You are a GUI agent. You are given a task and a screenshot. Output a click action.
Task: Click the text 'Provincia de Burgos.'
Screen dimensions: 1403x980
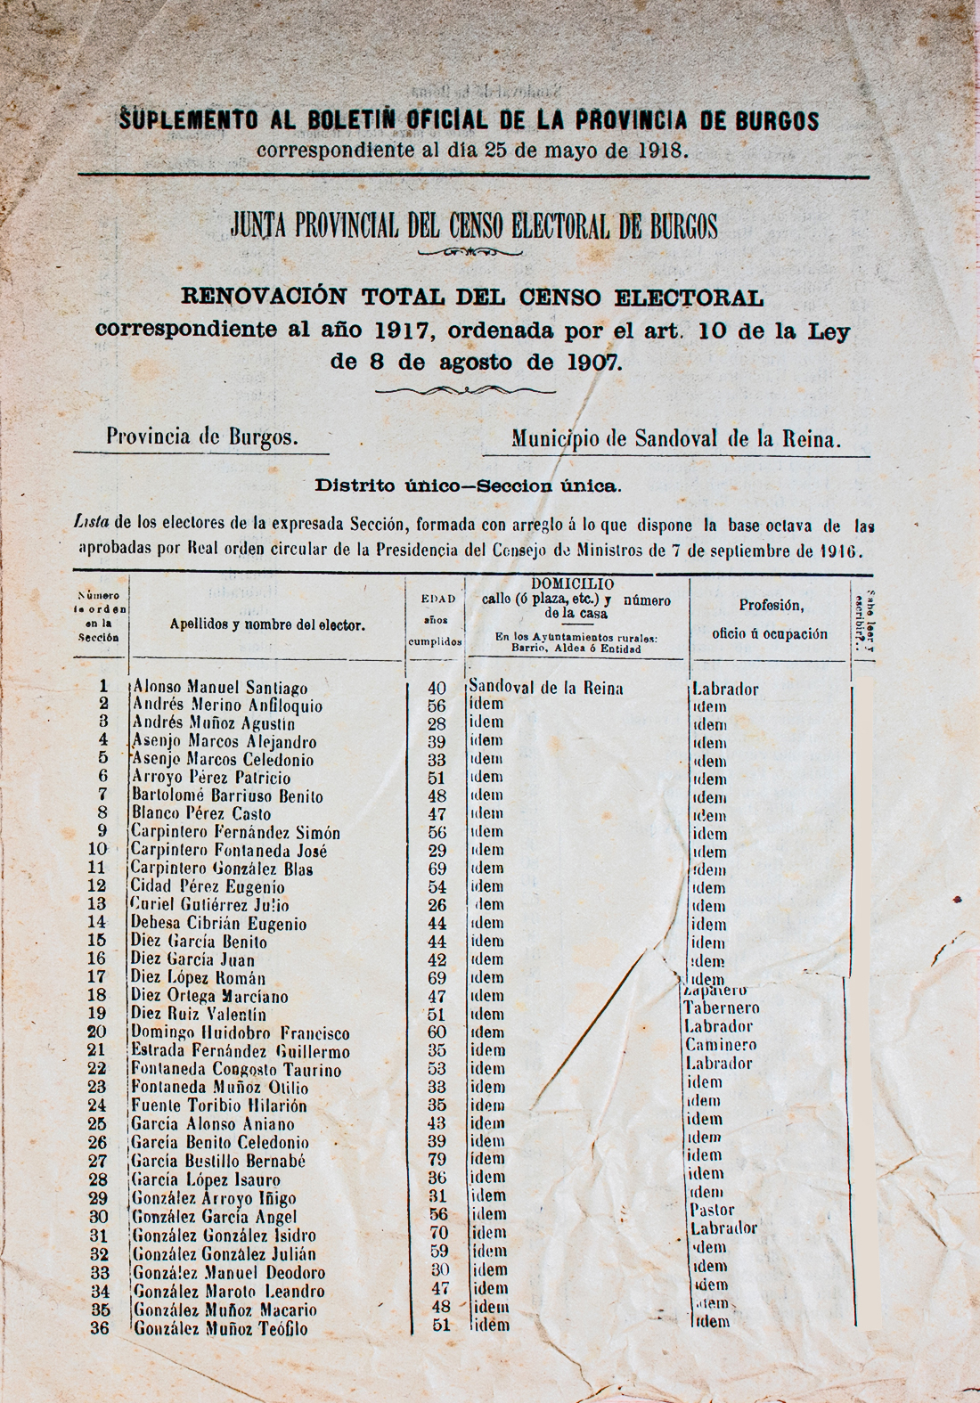[x=202, y=437]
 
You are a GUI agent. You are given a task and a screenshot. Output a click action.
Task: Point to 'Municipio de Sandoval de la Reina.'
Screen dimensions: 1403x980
[x=676, y=438]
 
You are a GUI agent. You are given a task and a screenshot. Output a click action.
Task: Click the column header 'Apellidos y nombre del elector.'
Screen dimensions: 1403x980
[x=267, y=625]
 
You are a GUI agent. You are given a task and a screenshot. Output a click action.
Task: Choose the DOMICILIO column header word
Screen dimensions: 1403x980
[x=572, y=584]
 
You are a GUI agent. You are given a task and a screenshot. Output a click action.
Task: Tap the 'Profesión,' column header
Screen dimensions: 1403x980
[x=771, y=606]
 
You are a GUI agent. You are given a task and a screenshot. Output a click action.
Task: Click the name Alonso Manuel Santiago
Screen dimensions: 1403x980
[x=220, y=688]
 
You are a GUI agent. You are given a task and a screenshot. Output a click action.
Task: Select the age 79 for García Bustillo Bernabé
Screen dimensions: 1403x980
[x=437, y=1160]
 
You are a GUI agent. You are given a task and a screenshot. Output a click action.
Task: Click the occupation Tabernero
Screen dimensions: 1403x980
[x=721, y=1008]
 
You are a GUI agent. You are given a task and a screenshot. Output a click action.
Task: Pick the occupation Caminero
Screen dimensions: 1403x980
[x=721, y=1045]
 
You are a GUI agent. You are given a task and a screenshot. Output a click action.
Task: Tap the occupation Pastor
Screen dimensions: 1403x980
[x=712, y=1210]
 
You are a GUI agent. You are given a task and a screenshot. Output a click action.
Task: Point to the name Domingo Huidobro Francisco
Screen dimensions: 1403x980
[x=240, y=1033]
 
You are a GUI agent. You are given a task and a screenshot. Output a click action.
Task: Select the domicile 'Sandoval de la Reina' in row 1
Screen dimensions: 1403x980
[x=545, y=688]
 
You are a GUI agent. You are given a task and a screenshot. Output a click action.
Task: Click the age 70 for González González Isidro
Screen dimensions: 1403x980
[x=437, y=1234]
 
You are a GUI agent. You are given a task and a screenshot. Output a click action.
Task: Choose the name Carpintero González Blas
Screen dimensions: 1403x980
[x=222, y=869]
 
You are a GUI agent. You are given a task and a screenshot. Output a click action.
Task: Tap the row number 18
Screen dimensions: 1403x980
[x=98, y=995]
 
